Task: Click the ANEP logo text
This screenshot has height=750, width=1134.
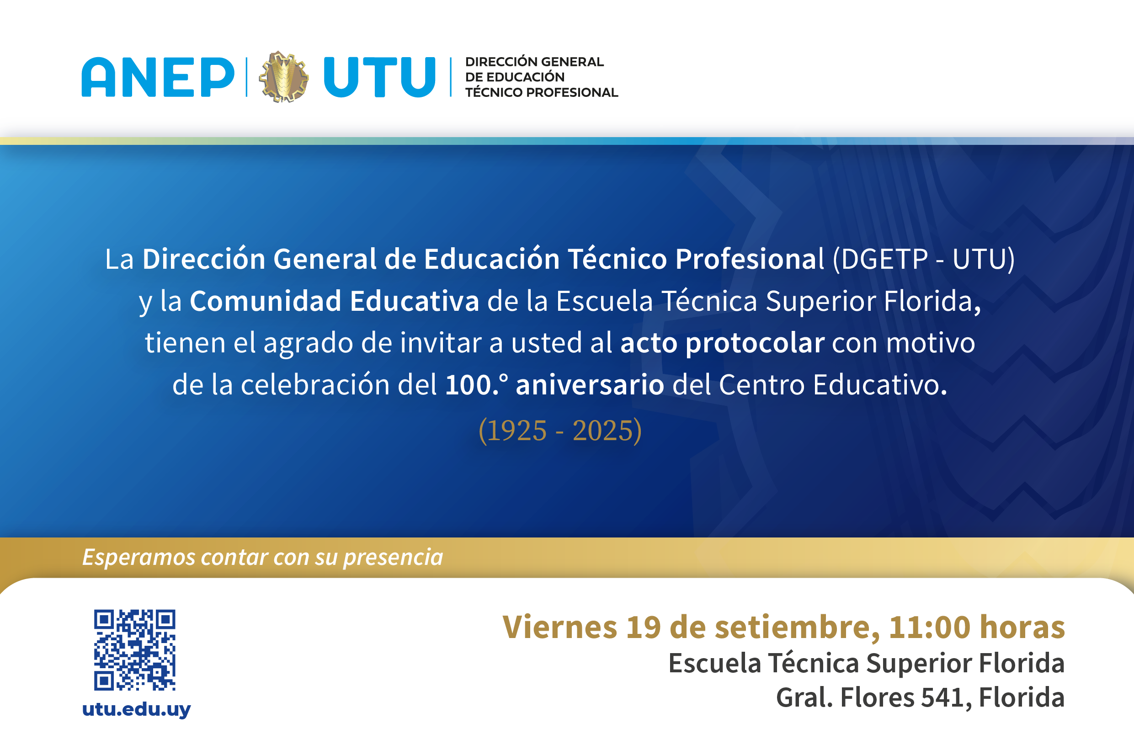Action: point(158,77)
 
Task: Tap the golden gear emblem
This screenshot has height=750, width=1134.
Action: point(284,76)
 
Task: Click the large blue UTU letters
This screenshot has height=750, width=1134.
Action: point(380,77)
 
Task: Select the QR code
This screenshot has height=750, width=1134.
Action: point(134,649)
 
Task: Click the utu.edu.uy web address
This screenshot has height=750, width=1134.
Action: point(136,709)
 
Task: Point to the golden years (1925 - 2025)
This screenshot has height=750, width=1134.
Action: point(560,431)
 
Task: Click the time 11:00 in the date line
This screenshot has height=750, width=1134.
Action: point(929,627)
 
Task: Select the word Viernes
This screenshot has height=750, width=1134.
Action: point(559,627)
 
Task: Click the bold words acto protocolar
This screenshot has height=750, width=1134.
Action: point(722,343)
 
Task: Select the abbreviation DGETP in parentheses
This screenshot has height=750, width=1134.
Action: point(884,259)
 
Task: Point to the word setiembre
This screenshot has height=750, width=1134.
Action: point(793,627)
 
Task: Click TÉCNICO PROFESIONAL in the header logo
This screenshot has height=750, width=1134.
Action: point(542,92)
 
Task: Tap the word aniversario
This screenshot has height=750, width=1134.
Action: point(590,384)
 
